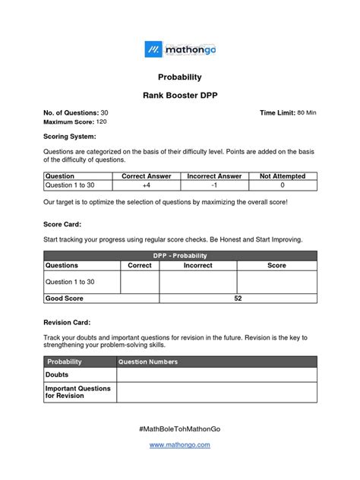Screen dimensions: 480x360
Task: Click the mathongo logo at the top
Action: (180, 50)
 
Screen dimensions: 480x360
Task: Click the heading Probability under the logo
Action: (179, 77)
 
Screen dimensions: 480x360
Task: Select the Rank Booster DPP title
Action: (179, 96)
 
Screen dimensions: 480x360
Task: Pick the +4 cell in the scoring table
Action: (147, 185)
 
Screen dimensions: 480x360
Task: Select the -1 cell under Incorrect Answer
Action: (214, 185)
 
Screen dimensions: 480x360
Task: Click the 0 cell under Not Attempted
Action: (282, 185)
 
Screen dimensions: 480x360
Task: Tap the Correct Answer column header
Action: (147, 176)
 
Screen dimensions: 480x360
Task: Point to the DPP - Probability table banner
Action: (180, 256)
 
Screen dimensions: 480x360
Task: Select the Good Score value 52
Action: (238, 298)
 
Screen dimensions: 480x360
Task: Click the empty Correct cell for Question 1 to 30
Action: (140, 282)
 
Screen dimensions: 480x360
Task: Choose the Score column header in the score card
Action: (276, 266)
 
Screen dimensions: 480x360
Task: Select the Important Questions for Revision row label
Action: (78, 392)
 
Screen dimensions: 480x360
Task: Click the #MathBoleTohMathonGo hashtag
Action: (180, 428)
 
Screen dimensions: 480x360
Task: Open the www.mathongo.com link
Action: (180, 445)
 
